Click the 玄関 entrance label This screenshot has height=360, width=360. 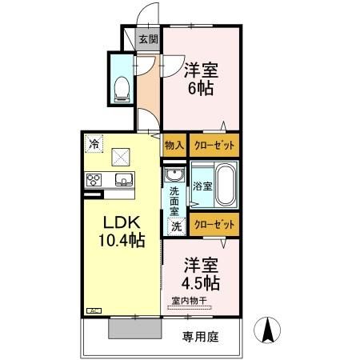(147, 38)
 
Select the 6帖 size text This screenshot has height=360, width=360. (200, 87)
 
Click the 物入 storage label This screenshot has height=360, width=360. (174, 146)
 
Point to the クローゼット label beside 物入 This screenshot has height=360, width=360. (212, 146)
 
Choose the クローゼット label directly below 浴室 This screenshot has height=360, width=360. (214, 226)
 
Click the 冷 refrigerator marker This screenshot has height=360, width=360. (94, 145)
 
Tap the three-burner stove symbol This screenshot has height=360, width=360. (93, 179)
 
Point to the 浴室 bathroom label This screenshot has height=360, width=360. (202, 186)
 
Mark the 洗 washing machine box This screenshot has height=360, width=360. (175, 226)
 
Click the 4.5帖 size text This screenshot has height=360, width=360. (200, 282)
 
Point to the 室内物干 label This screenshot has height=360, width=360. (189, 301)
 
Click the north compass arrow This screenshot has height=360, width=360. (268, 330)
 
